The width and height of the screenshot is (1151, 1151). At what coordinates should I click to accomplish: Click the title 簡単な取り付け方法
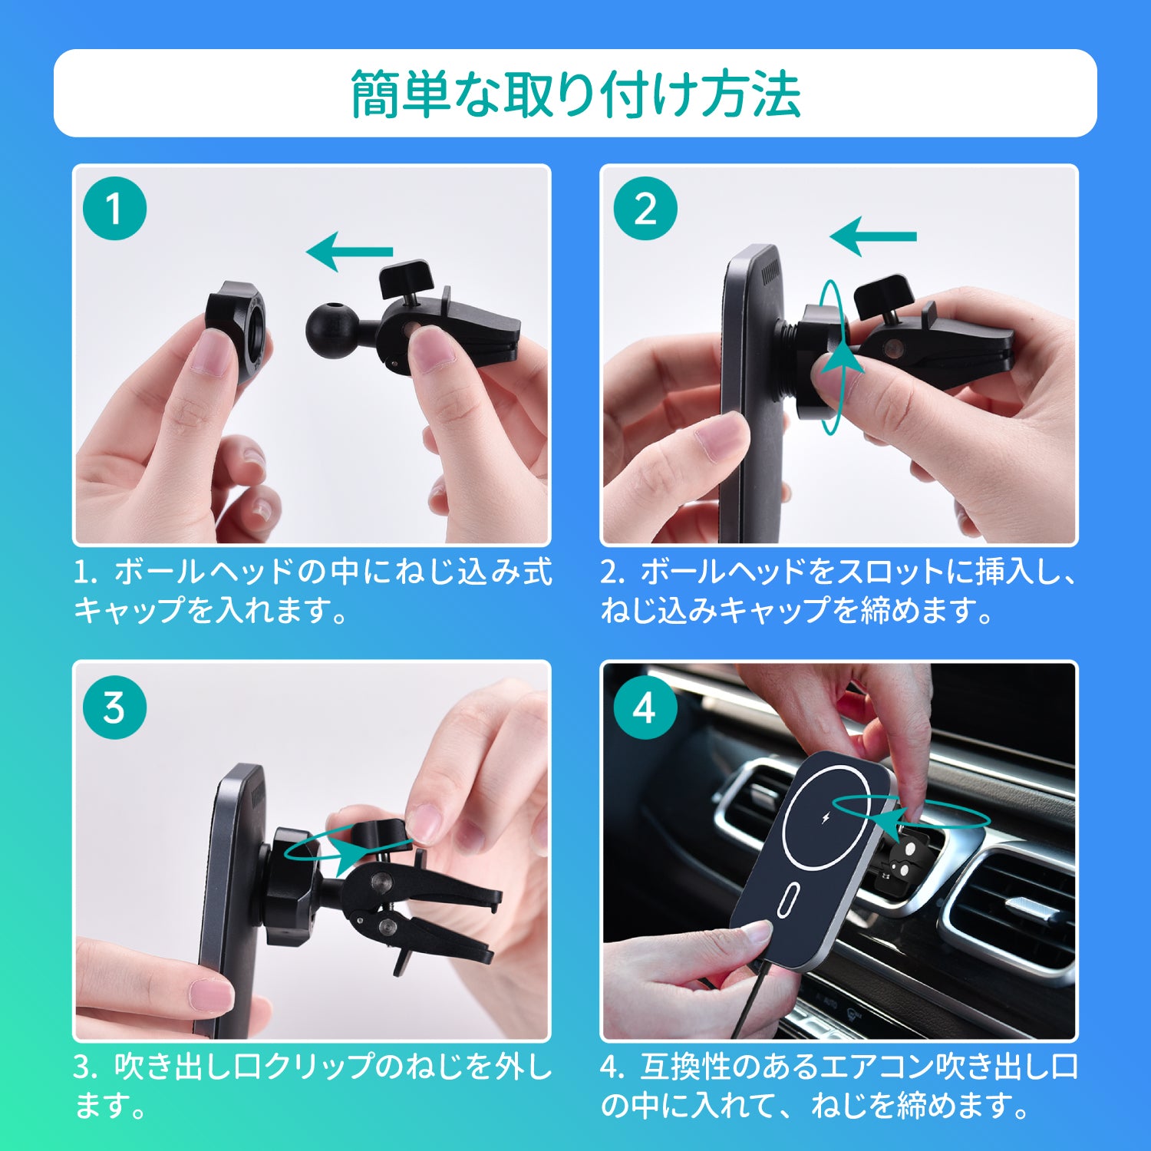(575, 94)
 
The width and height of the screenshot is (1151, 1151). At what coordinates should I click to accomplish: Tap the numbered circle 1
(114, 209)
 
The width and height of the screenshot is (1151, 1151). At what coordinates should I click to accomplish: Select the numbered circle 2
(645, 209)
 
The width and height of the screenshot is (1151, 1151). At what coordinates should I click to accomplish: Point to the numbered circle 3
(114, 707)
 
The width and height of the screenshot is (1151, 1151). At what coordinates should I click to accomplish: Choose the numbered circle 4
(645, 707)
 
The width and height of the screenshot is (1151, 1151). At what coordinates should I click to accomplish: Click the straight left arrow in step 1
(349, 251)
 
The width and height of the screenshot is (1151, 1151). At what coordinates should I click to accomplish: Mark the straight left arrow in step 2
(873, 236)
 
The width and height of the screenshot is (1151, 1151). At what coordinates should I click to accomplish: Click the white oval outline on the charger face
(788, 899)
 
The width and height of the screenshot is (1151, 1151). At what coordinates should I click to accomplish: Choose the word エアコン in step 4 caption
(872, 1067)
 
